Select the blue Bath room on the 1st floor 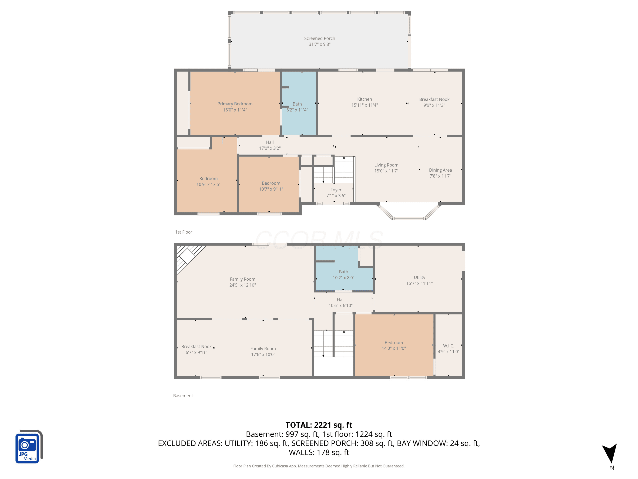299,103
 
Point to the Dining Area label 440,170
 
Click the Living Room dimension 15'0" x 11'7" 386,171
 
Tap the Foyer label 336,190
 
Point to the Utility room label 419,277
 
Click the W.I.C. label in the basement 449,346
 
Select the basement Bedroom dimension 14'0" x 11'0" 394,348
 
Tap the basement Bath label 343,272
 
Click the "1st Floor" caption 184,232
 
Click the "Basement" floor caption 183,396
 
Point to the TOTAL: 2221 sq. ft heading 319,425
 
